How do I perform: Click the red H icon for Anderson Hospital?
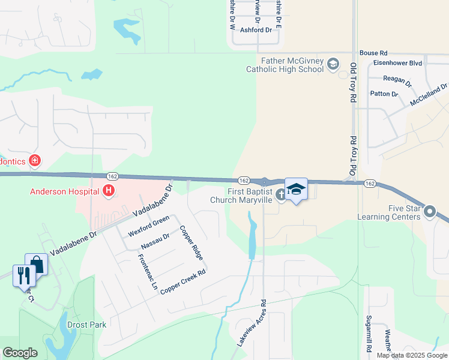109,191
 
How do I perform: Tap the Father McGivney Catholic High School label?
285,65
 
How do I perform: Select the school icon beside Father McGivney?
333,65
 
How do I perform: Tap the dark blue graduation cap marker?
296,190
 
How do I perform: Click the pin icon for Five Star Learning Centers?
430,214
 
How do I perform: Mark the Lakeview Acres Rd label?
251,323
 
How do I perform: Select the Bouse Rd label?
373,53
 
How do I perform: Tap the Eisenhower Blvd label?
397,63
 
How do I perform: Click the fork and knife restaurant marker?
23,275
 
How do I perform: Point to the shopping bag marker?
36,263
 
